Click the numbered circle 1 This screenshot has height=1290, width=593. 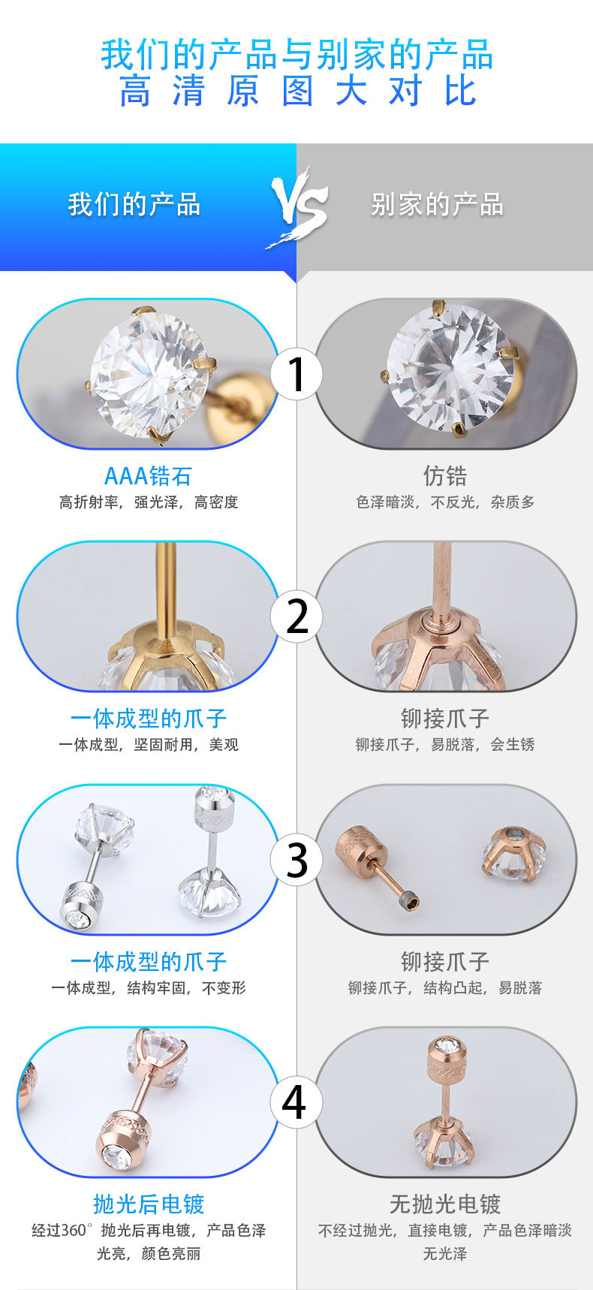click(297, 373)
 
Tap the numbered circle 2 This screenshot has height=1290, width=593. click(297, 616)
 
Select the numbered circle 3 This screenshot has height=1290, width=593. click(297, 860)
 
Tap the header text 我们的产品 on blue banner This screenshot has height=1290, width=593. click(134, 204)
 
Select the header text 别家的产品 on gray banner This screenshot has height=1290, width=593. click(437, 204)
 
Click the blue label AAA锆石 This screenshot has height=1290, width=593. click(148, 476)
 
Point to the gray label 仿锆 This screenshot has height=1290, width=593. click(444, 476)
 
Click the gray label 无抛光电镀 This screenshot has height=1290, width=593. click(444, 1204)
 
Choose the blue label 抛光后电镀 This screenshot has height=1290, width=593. click(149, 1204)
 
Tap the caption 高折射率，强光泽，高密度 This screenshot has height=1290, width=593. click(149, 502)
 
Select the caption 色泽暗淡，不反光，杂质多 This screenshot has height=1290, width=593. click(445, 502)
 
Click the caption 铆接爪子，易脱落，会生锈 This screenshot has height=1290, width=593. click(445, 745)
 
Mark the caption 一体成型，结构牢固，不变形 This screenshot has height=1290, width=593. click(149, 988)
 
